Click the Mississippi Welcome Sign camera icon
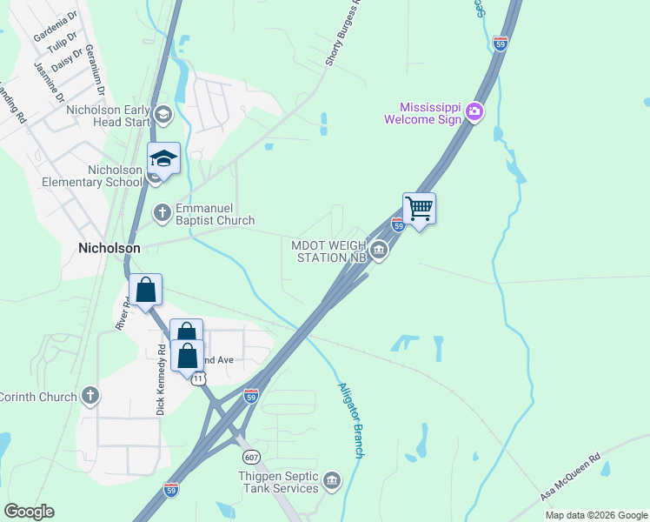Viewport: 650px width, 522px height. pyautogui.click(x=474, y=111)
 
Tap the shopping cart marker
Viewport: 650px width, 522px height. pyautogui.click(x=419, y=209)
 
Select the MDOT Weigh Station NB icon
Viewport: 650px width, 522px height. pyautogui.click(x=379, y=251)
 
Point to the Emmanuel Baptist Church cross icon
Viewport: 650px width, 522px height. pyautogui.click(x=162, y=212)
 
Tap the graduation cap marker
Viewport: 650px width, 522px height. pyautogui.click(x=163, y=159)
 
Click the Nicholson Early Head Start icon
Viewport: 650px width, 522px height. pyautogui.click(x=162, y=114)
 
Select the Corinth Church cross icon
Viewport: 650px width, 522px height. pyautogui.click(x=90, y=397)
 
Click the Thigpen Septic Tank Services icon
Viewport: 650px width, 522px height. pyautogui.click(x=331, y=481)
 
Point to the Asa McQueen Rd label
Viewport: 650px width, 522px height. pyautogui.click(x=570, y=478)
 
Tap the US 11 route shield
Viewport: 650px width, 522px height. pyautogui.click(x=199, y=378)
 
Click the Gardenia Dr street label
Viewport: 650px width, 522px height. pyautogui.click(x=54, y=26)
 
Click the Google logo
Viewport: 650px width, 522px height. pyautogui.click(x=29, y=512)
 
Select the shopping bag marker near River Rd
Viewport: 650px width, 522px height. pyautogui.click(x=146, y=291)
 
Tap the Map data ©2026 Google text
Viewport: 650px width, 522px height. pyautogui.click(x=596, y=515)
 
